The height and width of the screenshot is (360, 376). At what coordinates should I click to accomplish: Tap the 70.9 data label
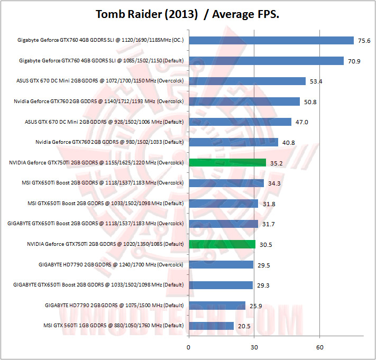click(x=354, y=61)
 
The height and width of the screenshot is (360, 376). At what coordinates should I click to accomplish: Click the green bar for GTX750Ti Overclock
click(x=227, y=162)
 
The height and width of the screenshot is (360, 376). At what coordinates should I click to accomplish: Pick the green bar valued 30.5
click(x=222, y=244)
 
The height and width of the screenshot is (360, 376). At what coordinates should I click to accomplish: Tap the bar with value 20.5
click(x=210, y=326)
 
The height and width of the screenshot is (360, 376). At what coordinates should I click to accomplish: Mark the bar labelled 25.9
click(x=217, y=305)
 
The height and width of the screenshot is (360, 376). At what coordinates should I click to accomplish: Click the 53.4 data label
click(x=316, y=81)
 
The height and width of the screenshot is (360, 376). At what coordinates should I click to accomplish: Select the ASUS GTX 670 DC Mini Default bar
click(x=240, y=122)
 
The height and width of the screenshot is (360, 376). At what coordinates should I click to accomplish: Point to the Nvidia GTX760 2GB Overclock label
click(x=99, y=101)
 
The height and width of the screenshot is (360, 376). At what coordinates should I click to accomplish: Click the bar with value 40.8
click(x=233, y=142)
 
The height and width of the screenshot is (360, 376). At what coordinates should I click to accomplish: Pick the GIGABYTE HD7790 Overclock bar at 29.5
click(x=221, y=264)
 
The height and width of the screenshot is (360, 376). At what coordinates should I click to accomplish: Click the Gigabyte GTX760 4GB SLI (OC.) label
click(x=100, y=40)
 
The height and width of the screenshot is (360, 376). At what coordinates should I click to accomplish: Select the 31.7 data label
click(x=269, y=224)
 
